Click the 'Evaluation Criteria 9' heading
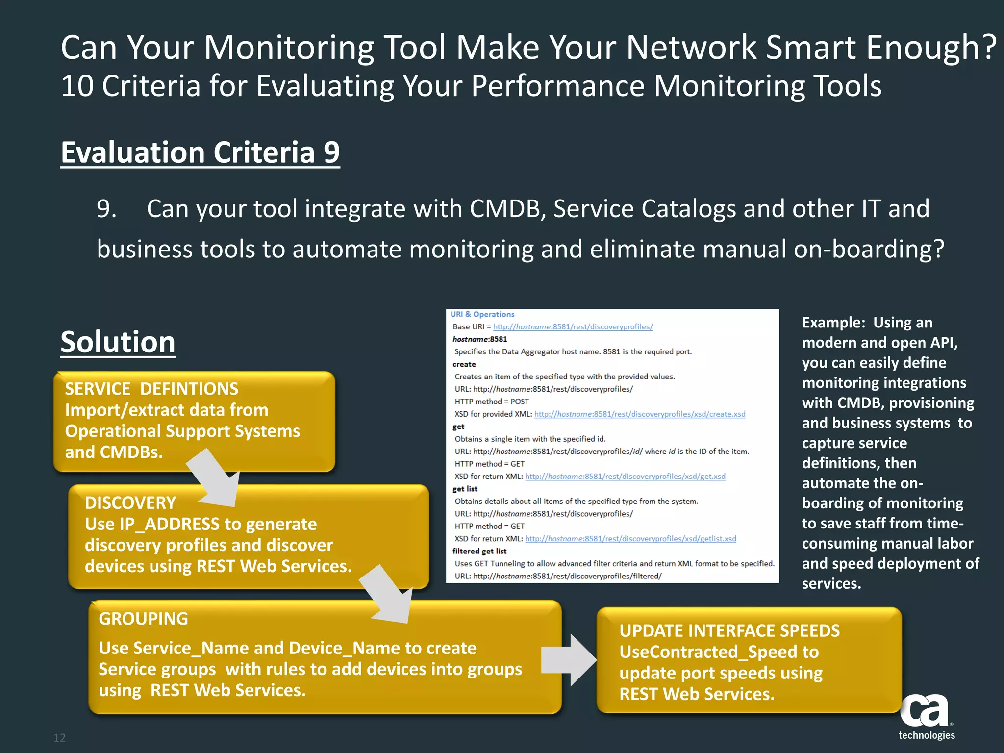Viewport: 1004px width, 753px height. (x=200, y=152)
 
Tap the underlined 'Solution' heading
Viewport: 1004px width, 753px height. (x=118, y=342)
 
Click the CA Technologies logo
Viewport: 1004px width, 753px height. (x=926, y=716)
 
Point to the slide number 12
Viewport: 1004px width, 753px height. (x=59, y=738)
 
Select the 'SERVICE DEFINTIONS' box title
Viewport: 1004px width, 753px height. (x=151, y=389)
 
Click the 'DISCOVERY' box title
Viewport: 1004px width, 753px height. (x=130, y=503)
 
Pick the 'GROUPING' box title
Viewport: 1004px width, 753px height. (x=143, y=619)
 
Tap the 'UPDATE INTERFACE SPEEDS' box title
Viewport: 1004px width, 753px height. (x=729, y=631)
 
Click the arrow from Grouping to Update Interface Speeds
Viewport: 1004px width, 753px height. (x=569, y=659)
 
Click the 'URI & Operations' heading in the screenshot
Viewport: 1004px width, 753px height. (x=482, y=314)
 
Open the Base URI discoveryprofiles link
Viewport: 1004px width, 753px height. (x=573, y=327)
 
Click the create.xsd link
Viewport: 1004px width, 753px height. (x=639, y=414)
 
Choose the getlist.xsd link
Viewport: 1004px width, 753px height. (x=630, y=539)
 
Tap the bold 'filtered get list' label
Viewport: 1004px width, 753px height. (x=479, y=551)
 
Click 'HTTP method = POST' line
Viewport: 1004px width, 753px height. (x=491, y=402)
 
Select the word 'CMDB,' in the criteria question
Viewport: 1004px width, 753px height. (x=508, y=209)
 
